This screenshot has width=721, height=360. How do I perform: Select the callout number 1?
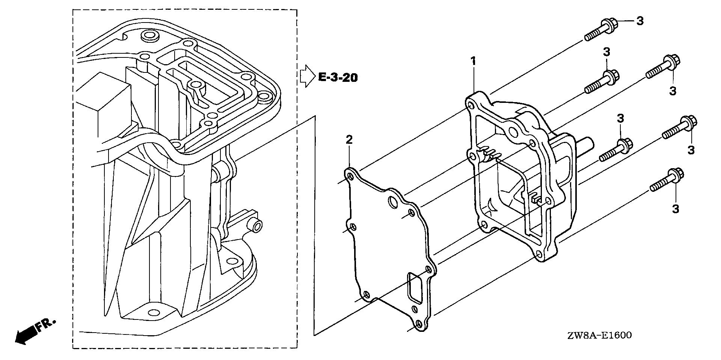point(474,61)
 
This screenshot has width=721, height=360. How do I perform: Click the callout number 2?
point(349,140)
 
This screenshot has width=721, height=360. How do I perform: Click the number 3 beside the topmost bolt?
point(640,21)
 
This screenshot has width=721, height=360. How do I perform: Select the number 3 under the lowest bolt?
point(676,209)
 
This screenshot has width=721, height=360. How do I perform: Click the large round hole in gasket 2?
point(393,202)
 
